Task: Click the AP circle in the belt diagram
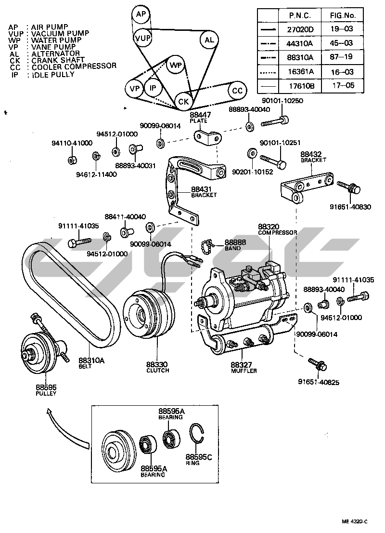coord(141,14)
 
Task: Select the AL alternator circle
coord(208,40)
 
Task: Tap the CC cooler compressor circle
coord(237,91)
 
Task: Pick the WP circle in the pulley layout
coord(176,65)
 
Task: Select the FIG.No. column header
coord(342,15)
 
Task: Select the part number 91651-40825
coord(318,383)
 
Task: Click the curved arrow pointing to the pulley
coord(65,426)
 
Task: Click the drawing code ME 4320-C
coord(355,521)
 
